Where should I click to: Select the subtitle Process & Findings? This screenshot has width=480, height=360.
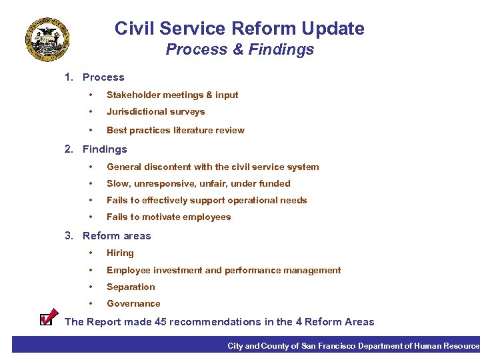(239, 50)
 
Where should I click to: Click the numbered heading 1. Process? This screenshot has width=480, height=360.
(94, 77)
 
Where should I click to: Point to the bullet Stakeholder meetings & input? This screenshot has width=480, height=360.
(172, 95)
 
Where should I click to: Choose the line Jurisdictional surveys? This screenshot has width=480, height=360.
(155, 112)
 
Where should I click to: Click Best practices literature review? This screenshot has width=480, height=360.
(175, 130)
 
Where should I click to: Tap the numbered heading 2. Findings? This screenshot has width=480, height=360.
(95, 149)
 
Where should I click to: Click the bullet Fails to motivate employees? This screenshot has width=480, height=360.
(169, 217)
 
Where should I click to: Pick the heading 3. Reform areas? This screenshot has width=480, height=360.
(107, 236)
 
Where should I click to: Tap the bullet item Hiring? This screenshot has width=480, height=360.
(120, 253)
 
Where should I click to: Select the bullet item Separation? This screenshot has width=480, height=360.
(131, 287)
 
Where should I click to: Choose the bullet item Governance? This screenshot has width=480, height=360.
(133, 304)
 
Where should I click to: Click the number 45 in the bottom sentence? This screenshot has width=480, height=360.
(176, 322)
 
